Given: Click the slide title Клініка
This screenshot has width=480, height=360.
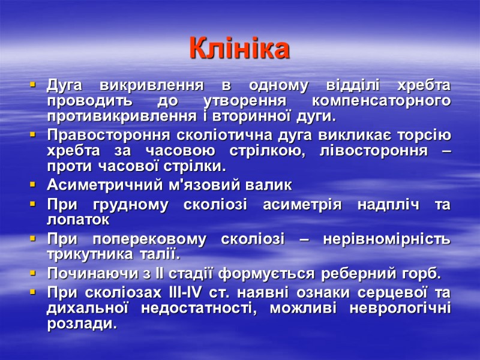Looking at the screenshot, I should [x=239, y=49].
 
